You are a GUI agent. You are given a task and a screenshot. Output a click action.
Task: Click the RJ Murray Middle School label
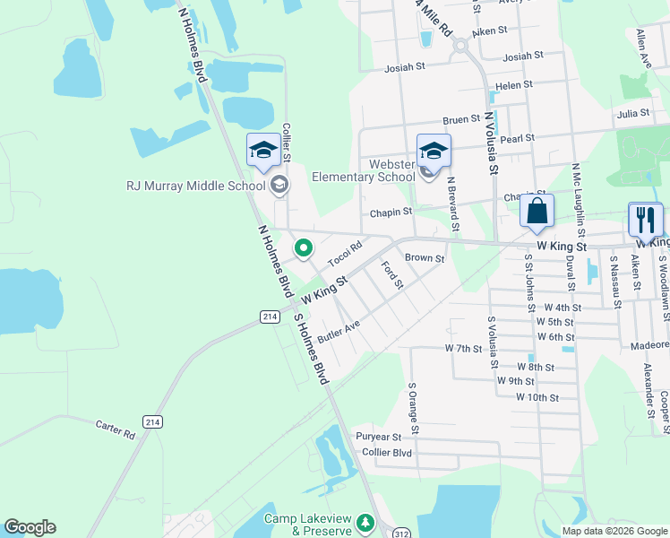coord(195,187)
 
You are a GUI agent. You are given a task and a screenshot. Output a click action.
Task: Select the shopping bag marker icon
coord(537,212)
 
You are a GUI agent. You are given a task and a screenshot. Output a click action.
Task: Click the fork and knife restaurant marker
coord(645,219)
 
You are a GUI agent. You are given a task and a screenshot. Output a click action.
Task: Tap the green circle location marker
coord(305,248)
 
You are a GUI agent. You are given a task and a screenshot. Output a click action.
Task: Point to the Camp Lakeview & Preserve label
coord(307,525)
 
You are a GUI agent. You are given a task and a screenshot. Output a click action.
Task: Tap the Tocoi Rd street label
coord(345,254)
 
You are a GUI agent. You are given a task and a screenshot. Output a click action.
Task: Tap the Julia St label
coord(632,114)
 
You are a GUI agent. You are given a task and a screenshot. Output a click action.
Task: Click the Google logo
coord(30,527)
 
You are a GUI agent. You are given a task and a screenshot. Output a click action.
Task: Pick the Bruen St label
coord(462,119)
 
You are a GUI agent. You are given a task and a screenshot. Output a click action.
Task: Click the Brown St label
coord(425,258)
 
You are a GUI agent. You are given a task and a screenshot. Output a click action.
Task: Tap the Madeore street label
coord(650,344)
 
